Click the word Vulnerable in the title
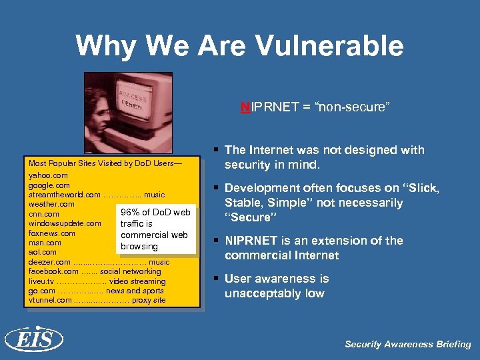(x=327, y=45)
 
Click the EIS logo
(x=33, y=339)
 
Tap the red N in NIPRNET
(x=245, y=107)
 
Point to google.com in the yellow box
(x=49, y=185)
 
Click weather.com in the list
(x=51, y=204)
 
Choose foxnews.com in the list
(x=52, y=233)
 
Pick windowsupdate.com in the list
(x=65, y=223)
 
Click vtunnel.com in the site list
(x=50, y=300)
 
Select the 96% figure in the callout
(x=130, y=213)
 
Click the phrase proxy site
(x=149, y=300)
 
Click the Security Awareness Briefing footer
(x=407, y=344)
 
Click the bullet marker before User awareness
(x=217, y=279)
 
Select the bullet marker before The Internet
(x=217, y=150)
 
